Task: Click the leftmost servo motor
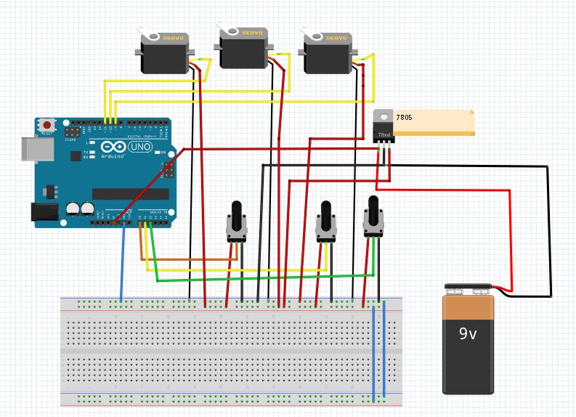click(x=166, y=54)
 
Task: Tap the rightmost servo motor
click(x=326, y=54)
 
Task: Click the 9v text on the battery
click(x=467, y=335)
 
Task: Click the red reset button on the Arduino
click(x=48, y=124)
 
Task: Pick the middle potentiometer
click(x=325, y=222)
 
